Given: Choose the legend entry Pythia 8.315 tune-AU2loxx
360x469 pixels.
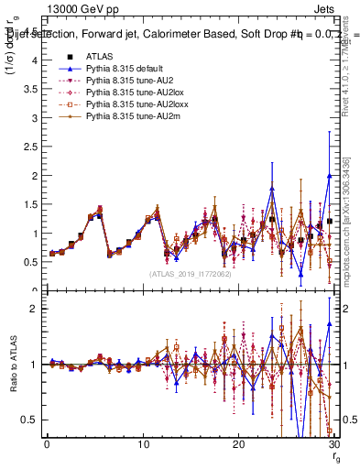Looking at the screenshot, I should [129, 104].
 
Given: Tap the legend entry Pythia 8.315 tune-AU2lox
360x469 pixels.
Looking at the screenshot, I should [127, 93].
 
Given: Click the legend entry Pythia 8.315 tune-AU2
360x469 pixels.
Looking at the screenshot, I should [124, 81].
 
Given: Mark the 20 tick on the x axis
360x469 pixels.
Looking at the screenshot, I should [238, 444].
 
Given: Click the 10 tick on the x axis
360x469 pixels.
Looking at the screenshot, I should [142, 444].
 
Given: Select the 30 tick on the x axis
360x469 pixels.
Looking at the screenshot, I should [333, 444].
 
